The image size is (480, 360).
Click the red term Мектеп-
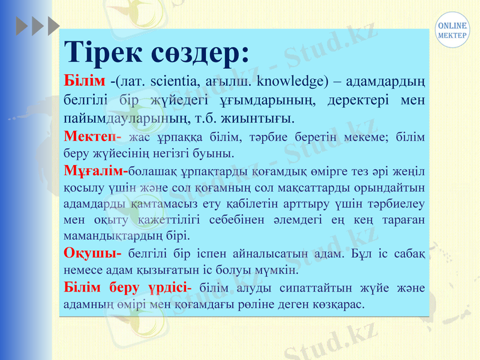pyautogui.click(x=92, y=137)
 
